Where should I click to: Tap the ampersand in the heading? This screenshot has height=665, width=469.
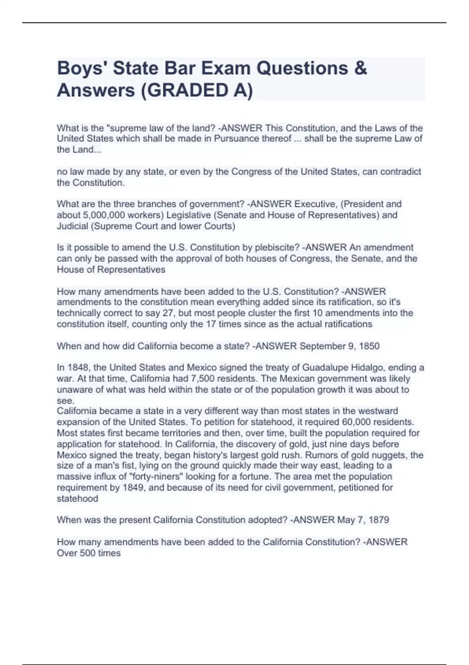click(361, 68)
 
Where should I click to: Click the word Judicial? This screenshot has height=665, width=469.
click(72, 226)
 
